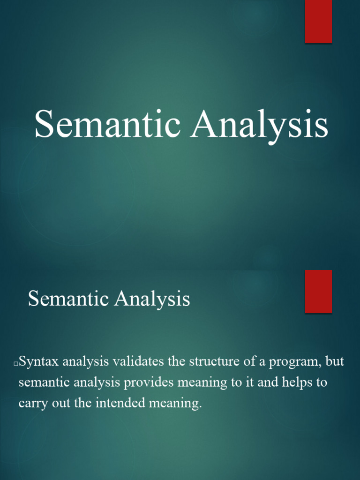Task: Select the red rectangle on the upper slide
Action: tap(319, 21)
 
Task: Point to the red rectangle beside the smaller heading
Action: tap(319, 291)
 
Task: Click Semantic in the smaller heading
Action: tap(64, 299)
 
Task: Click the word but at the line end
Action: tap(335, 361)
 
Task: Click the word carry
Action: tap(32, 404)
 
